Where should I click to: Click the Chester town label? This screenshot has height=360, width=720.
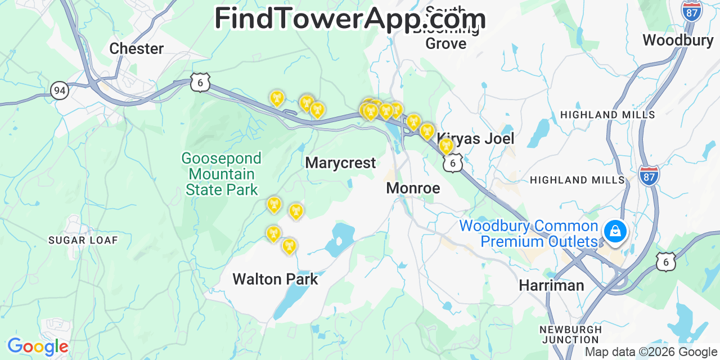(136, 48)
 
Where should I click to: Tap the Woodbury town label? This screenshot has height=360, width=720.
(678, 40)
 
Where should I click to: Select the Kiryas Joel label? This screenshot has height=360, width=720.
(475, 138)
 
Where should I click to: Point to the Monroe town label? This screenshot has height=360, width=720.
(413, 188)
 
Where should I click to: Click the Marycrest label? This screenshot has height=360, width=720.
(340, 163)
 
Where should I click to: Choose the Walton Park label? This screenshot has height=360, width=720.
(275, 279)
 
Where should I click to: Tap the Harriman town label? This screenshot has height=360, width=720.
(551, 285)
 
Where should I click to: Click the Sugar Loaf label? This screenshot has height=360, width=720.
(83, 240)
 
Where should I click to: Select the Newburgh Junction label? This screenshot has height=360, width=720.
(570, 335)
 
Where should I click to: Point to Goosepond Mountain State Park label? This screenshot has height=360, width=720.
(222, 174)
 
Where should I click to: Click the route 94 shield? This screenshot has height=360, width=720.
(59, 89)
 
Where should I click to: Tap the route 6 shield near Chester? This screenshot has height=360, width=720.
(200, 82)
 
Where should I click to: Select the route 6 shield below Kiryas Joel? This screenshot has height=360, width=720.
(452, 163)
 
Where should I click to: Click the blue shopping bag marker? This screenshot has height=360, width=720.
(615, 232)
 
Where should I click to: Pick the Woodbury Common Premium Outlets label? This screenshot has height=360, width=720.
(529, 234)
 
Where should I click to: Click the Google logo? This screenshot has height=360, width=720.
(37, 346)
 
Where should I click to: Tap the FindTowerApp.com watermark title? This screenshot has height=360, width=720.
(350, 19)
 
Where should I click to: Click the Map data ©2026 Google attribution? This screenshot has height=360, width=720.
(651, 353)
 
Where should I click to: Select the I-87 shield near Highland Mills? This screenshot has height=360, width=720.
(649, 175)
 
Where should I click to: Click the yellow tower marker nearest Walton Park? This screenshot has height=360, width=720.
(289, 246)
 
